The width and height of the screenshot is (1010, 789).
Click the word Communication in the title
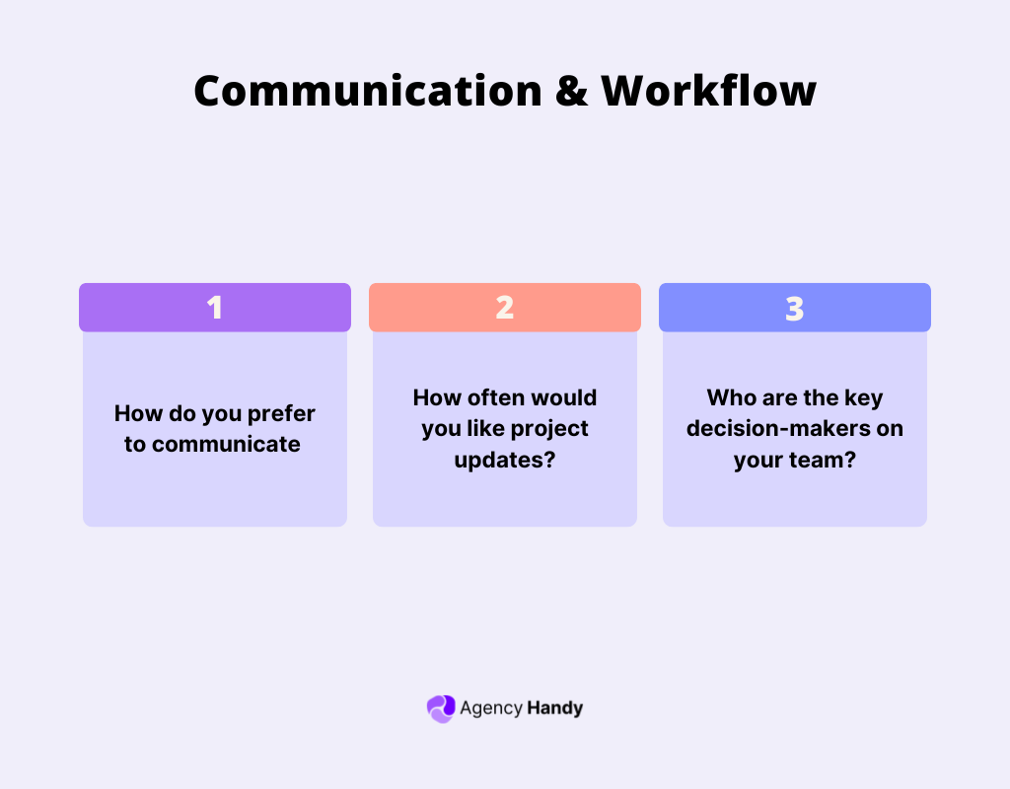tap(367, 92)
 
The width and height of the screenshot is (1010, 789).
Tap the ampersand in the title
tap(572, 92)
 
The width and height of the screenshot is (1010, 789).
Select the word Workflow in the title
tap(709, 92)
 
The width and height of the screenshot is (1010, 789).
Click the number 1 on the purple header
tap(215, 308)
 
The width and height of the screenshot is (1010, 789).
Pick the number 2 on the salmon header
tap(505, 308)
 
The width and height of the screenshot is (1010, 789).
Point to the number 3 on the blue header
tap(795, 308)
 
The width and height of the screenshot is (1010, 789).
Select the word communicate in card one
tap(226, 444)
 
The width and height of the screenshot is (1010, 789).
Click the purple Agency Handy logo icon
tap(440, 708)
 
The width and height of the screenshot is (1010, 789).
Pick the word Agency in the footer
tap(490, 708)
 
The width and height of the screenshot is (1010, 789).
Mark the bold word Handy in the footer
tap(554, 708)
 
